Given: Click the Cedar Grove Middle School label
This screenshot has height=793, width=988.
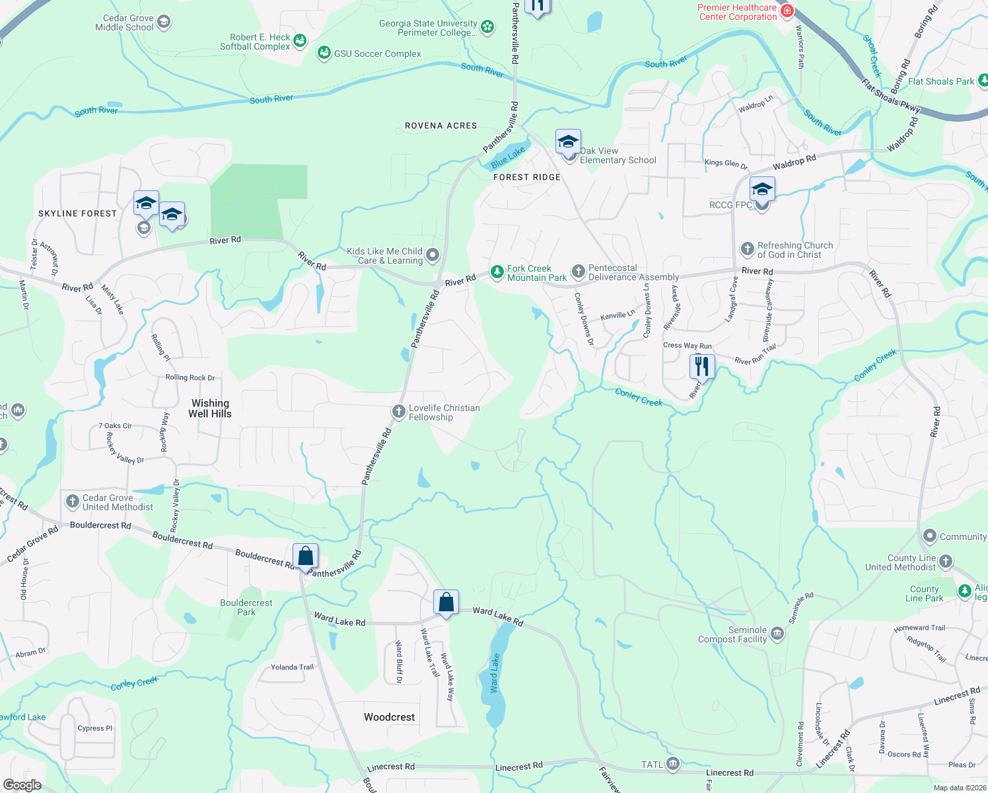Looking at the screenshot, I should tap(124, 23).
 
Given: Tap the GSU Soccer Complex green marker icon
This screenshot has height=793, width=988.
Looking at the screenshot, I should tap(324, 53).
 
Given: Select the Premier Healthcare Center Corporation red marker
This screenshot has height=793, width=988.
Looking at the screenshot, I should tap(786, 11).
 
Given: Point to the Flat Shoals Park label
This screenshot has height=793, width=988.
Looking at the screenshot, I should tap(941, 81).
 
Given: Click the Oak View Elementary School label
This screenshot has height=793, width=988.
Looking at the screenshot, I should tap(617, 155).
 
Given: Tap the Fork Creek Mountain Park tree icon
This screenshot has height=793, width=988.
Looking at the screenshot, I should tap(497, 272).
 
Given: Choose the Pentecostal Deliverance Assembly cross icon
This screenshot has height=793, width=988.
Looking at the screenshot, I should tap(578, 271).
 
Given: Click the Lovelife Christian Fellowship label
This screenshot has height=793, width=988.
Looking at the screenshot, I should tap(444, 412).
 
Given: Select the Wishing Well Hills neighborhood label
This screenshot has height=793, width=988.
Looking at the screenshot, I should tap(210, 408).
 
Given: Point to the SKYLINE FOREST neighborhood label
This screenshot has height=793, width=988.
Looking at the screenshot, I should tap(77, 213).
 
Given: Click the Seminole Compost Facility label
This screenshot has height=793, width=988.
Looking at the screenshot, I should tap(732, 634).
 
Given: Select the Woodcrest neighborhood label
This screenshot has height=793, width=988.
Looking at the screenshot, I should tap(390, 717).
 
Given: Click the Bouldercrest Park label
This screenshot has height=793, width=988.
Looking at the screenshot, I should tap(246, 607).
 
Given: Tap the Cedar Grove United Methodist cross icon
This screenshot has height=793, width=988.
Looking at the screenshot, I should tap(73, 502).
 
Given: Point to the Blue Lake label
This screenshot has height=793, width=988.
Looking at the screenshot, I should tap(508, 156).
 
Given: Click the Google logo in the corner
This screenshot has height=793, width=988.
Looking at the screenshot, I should tap(22, 784).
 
